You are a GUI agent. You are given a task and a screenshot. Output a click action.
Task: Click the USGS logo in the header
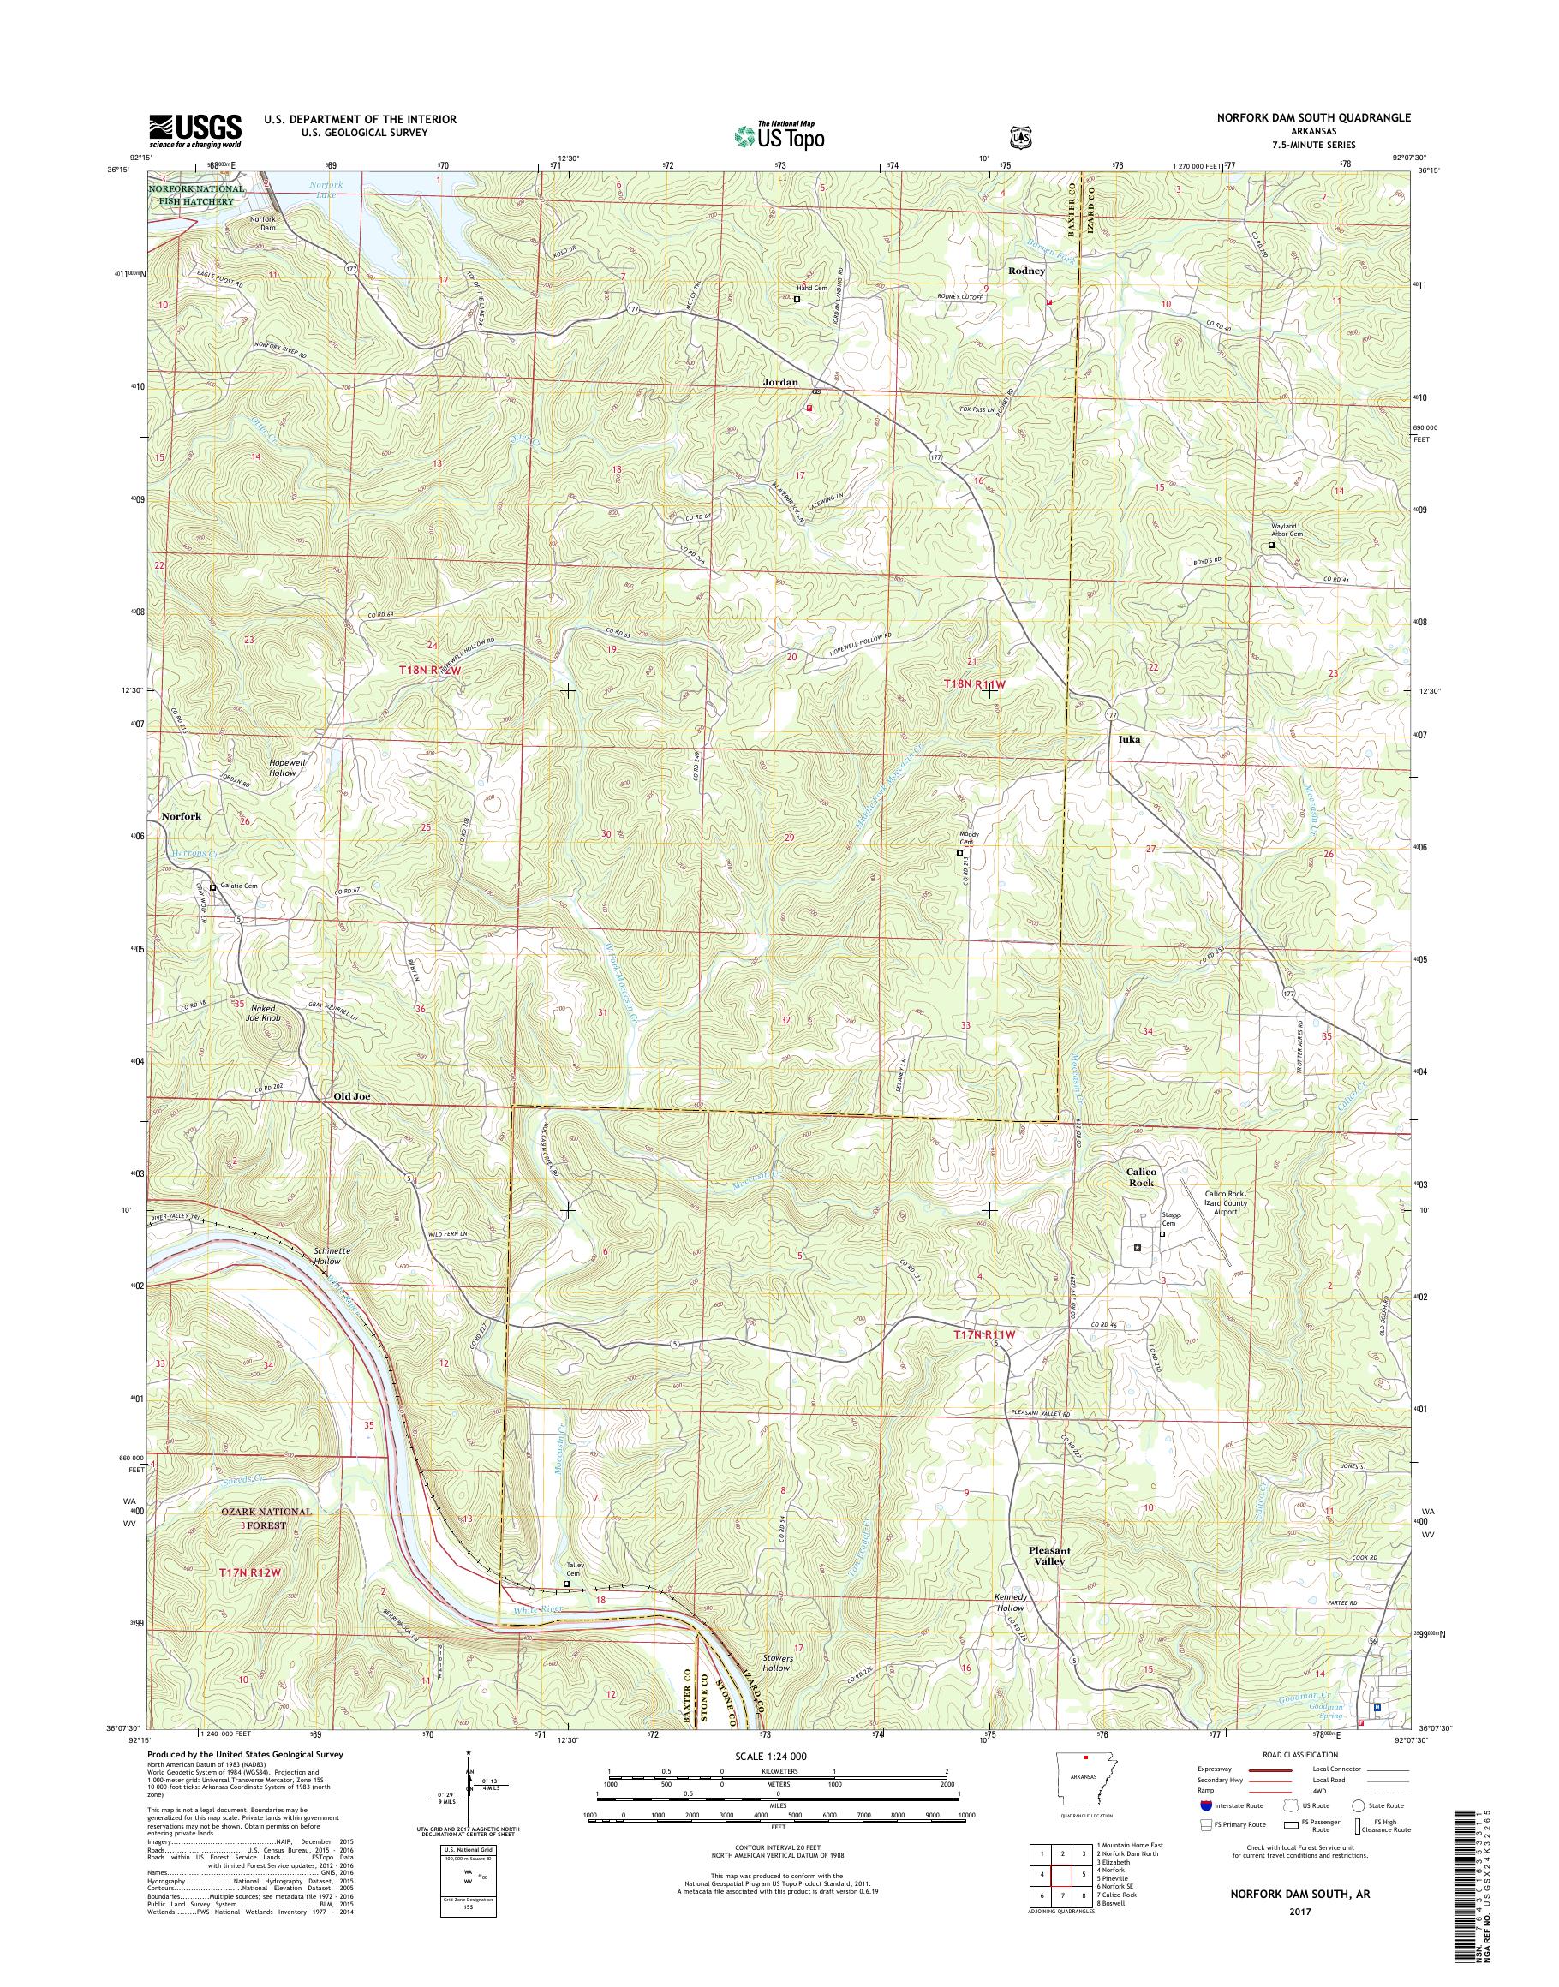point(195,130)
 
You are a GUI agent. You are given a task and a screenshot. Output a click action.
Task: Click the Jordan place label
point(780,383)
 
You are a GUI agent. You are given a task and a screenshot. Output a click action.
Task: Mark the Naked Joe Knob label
point(267,1013)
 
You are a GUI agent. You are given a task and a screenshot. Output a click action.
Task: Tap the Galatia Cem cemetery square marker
point(212,886)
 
